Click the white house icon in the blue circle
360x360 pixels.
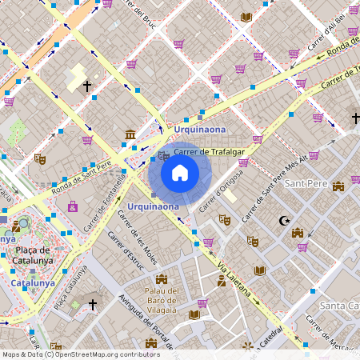[180, 172]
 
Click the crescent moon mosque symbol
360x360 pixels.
[282, 220]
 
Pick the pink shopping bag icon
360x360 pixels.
[73, 206]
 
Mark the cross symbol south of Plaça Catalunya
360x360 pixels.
[92, 305]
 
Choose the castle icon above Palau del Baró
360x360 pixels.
[163, 279]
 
